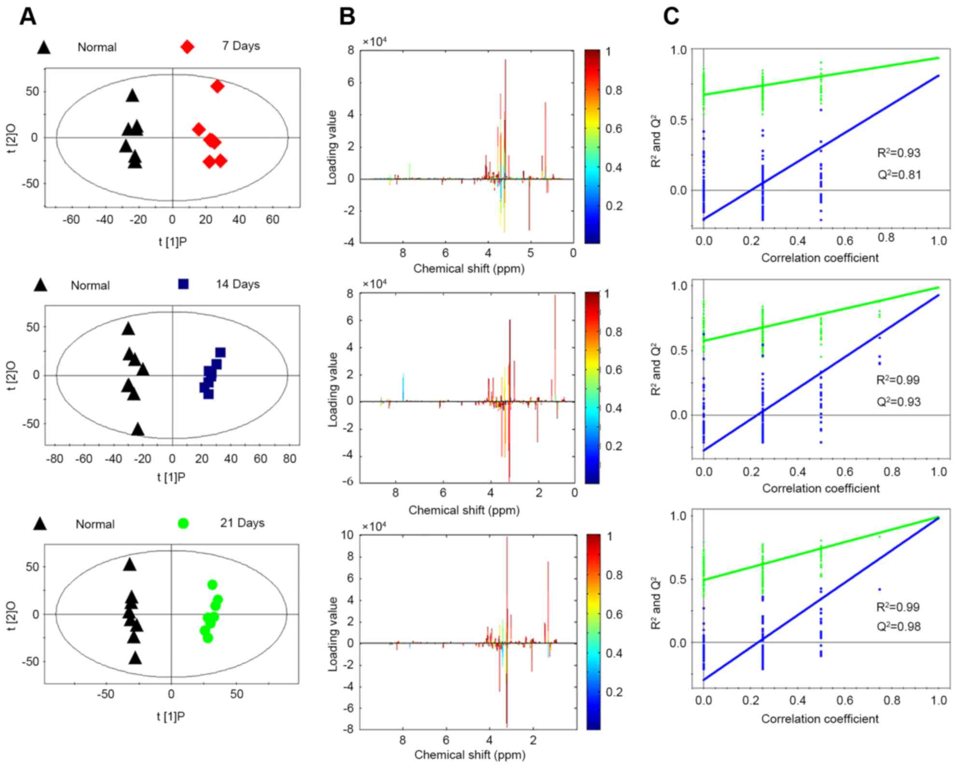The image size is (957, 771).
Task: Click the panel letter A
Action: point(28,17)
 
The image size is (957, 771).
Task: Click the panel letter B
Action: point(347,17)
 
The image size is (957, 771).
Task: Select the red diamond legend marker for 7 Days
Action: point(187,47)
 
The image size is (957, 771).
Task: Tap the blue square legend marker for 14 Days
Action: point(183,284)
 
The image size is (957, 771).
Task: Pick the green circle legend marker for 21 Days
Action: point(183,523)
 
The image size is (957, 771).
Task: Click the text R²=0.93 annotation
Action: point(899,154)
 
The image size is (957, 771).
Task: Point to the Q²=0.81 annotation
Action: point(899,174)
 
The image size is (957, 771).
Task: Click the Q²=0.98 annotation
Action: point(899,627)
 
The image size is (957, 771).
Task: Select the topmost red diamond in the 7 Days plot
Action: point(217,86)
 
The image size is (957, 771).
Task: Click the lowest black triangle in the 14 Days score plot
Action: point(138,429)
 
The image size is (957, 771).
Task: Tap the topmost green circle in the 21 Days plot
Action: point(212,585)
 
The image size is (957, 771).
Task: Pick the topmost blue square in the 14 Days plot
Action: point(220,353)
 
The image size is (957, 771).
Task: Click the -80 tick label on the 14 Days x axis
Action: point(54,458)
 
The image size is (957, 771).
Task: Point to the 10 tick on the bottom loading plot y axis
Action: point(347,535)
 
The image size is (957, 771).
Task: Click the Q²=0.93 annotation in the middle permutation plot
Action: point(899,402)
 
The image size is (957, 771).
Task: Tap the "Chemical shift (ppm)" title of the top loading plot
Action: point(469,269)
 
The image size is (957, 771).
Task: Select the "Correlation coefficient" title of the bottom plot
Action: point(820,719)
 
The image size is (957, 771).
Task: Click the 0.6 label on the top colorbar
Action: point(614,129)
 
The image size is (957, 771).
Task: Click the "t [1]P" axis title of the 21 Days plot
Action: point(171,716)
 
